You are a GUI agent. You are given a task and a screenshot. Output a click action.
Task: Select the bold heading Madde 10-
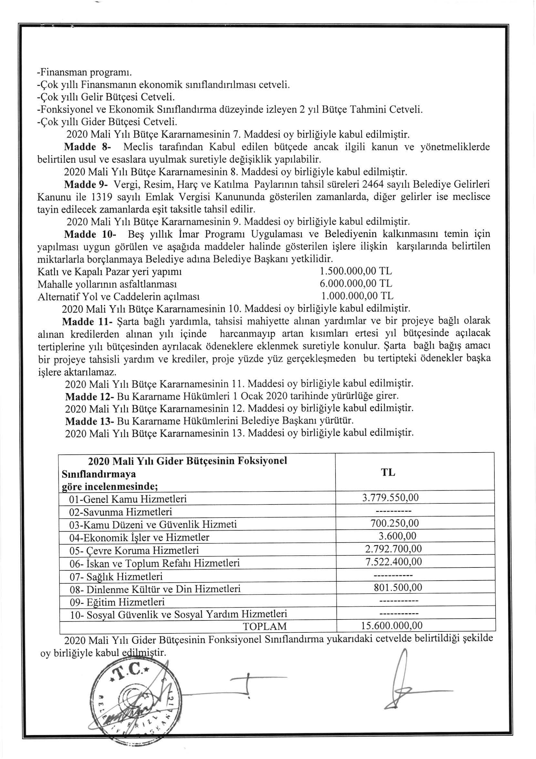[90, 234]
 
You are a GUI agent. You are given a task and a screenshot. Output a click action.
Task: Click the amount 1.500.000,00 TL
[356, 271]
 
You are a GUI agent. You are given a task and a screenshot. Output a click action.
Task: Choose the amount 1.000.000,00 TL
[357, 295]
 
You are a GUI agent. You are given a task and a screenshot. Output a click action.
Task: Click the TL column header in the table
[388, 473]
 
